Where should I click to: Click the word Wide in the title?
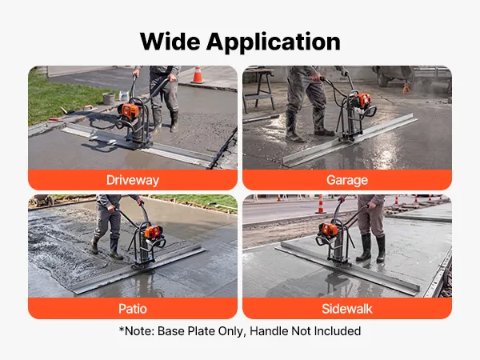[x=170, y=42]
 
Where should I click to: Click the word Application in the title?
[x=274, y=43]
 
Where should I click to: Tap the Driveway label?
[x=133, y=180]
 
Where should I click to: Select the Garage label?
[x=347, y=180]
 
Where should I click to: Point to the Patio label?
[x=133, y=309]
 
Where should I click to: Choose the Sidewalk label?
[x=347, y=309]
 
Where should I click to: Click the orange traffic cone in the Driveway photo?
[x=198, y=75]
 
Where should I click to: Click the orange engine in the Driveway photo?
[x=130, y=111]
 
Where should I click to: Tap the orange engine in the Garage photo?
[x=363, y=100]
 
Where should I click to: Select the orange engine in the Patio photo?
[x=154, y=232]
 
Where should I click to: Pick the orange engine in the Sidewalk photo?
[x=329, y=230]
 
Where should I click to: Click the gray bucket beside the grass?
[x=109, y=98]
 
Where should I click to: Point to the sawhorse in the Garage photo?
[x=259, y=89]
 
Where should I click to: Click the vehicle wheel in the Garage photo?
[x=382, y=80]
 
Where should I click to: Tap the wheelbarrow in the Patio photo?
[x=43, y=200]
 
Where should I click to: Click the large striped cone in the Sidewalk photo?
[x=321, y=204]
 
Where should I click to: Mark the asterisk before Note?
[x=122, y=330]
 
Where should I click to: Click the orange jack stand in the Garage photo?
[x=406, y=89]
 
